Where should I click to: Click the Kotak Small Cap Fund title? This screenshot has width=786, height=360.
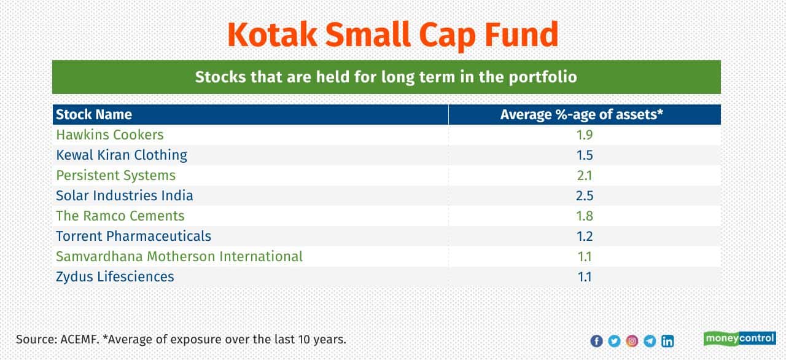[393, 35]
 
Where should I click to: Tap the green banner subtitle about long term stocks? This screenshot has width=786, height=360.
[386, 77]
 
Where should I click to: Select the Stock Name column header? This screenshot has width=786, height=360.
[94, 114]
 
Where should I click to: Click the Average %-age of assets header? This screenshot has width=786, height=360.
[582, 114]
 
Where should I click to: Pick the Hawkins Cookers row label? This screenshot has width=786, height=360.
[110, 135]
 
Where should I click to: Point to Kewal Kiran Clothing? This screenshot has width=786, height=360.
[122, 155]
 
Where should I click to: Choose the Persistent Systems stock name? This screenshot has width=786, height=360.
[116, 176]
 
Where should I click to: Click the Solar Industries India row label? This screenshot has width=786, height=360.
[125, 195]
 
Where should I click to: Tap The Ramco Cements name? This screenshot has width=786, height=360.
[120, 216]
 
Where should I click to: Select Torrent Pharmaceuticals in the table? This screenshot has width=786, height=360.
[134, 236]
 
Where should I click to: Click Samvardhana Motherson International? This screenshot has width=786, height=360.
[179, 257]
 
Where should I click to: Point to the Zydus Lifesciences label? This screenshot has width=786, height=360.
[115, 277]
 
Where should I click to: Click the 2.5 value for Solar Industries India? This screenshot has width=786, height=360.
[585, 195]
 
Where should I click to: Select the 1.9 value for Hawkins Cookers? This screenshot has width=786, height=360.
[585, 135]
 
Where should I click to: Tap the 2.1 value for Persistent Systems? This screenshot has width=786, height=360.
[585, 176]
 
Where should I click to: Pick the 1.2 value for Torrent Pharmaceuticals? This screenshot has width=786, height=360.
[585, 236]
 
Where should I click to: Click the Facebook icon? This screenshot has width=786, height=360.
[596, 341]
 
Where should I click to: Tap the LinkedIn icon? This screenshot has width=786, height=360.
[667, 341]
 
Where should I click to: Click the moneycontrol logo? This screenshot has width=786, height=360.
[740, 338]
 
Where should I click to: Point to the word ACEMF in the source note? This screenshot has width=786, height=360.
[80, 339]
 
